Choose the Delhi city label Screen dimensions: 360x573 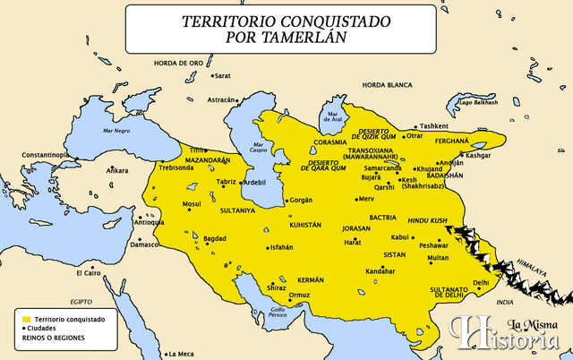coord(481,282)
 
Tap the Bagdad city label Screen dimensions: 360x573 coord(216,239)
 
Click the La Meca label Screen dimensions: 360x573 coord(183,353)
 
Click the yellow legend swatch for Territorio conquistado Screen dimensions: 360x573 coord(27,320)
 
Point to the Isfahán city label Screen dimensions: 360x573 coord(281,246)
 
